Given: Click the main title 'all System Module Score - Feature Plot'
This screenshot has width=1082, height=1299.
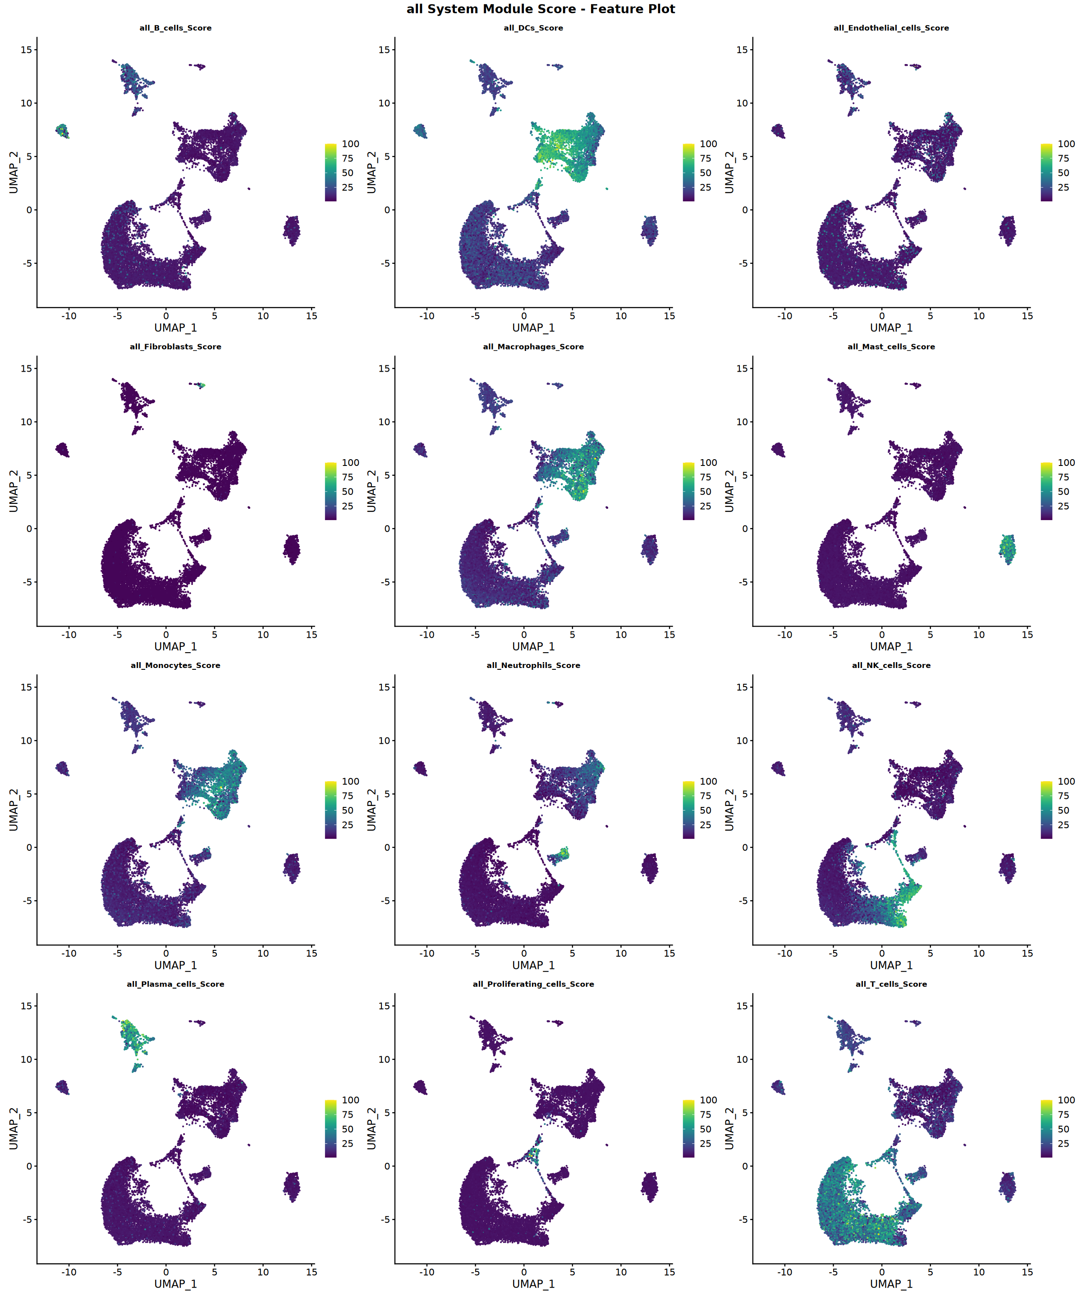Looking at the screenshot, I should pyautogui.click(x=541, y=9).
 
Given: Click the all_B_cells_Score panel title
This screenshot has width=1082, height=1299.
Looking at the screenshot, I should pyautogui.click(x=175, y=28).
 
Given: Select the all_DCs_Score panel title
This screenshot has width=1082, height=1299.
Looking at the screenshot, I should pyautogui.click(x=533, y=28).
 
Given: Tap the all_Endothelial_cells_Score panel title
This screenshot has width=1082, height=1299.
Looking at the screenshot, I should pyautogui.click(x=891, y=28).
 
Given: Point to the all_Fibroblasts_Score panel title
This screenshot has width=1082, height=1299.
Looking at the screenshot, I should pyautogui.click(x=175, y=346).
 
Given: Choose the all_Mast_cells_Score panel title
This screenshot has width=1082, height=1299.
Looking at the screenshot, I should pyautogui.click(x=891, y=346).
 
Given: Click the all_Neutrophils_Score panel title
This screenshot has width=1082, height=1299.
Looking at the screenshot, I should pyautogui.click(x=533, y=665).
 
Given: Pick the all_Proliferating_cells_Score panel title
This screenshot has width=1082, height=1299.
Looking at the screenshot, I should pyautogui.click(x=533, y=984).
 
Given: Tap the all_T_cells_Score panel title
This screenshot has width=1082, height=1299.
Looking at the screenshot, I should pyautogui.click(x=891, y=984).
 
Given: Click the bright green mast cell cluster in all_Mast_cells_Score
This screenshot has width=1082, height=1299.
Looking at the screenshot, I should pyautogui.click(x=1008, y=548).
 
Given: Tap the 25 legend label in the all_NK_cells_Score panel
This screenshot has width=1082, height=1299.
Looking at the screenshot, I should pyautogui.click(x=1064, y=825).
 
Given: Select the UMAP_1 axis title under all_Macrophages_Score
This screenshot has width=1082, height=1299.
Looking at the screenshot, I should pyautogui.click(x=533, y=646).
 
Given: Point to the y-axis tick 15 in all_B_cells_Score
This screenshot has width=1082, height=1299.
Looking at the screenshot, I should pyautogui.click(x=26, y=50).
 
